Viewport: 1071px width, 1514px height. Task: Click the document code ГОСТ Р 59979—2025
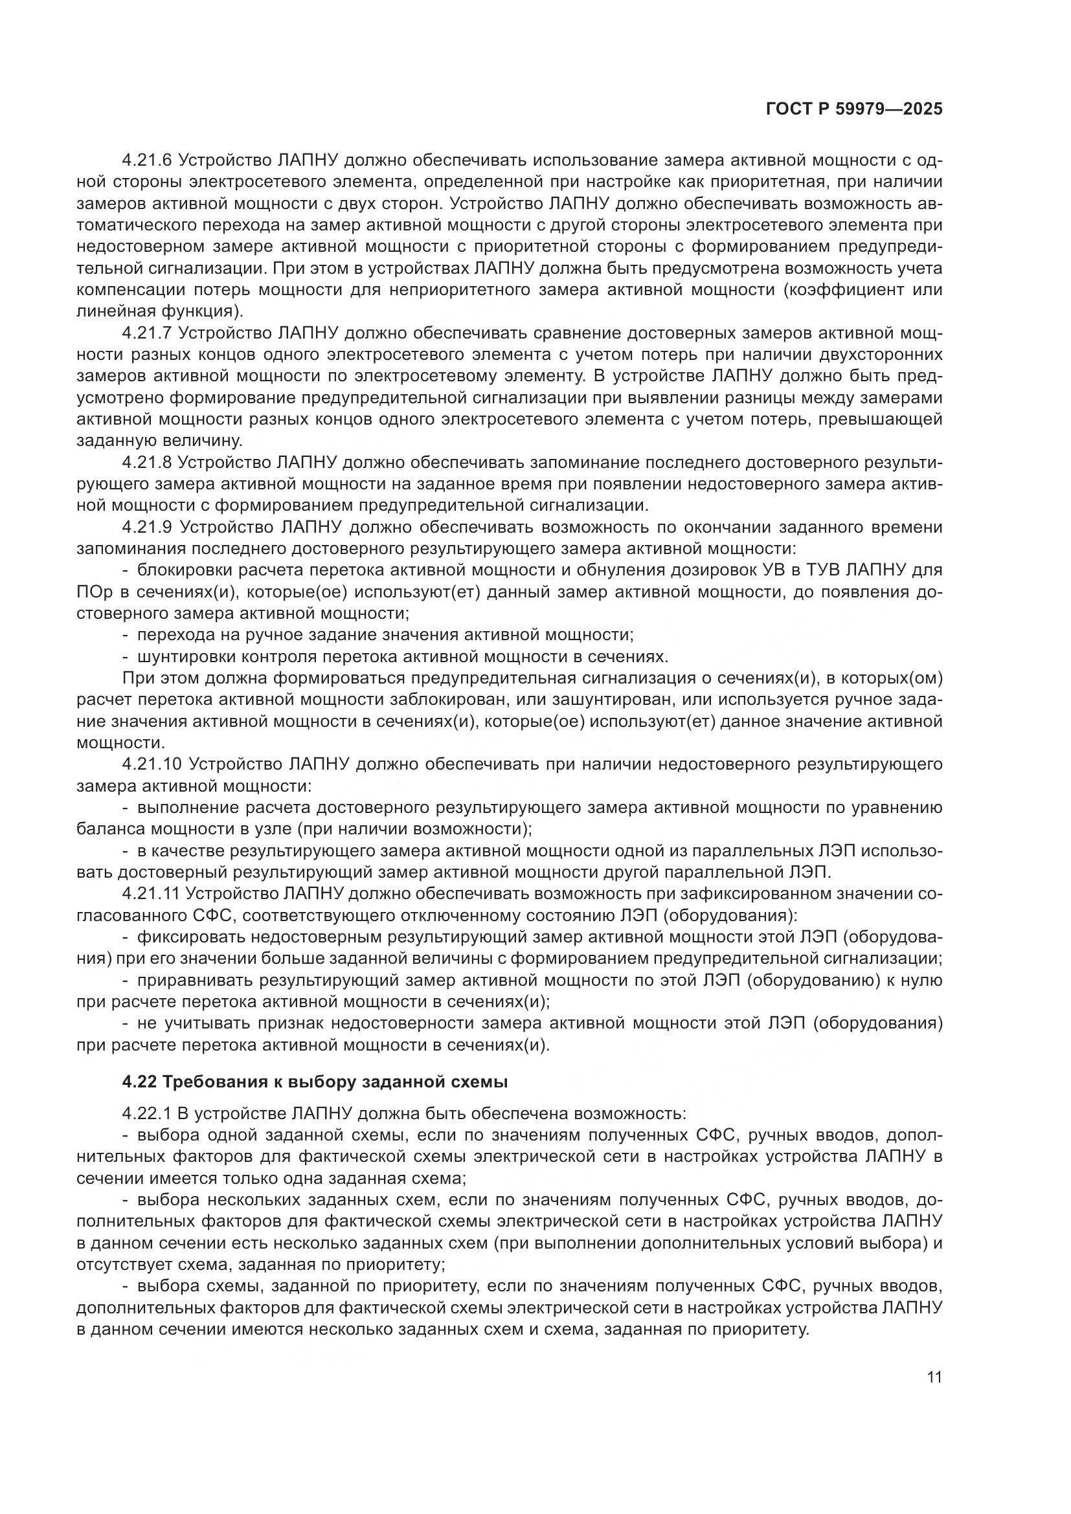pyautogui.click(x=853, y=109)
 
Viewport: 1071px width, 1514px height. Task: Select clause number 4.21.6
pyautogui.click(x=147, y=161)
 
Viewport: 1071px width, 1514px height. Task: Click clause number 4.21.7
pyautogui.click(x=147, y=333)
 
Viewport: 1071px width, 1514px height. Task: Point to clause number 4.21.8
pyautogui.click(x=147, y=463)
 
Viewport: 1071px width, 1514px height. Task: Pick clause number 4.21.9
pyautogui.click(x=147, y=528)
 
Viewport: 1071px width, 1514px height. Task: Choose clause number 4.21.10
pyautogui.click(x=152, y=765)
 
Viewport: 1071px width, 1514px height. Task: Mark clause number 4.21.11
pyautogui.click(x=151, y=894)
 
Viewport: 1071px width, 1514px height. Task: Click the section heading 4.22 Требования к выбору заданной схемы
pyautogui.click(x=315, y=1082)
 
